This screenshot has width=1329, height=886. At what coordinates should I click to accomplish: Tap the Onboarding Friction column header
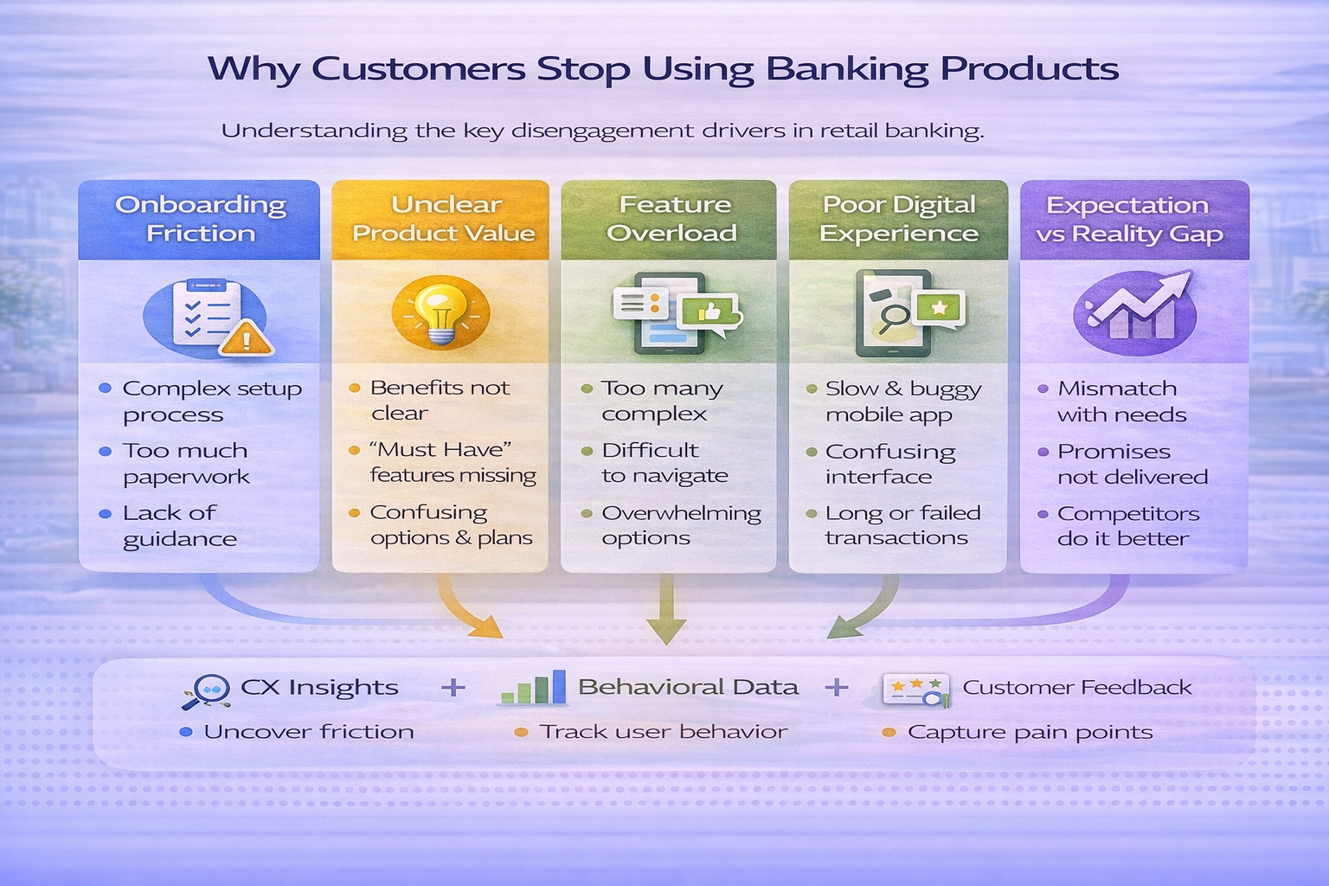[x=200, y=219]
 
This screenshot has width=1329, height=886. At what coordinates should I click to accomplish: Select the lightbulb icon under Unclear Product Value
[x=440, y=312]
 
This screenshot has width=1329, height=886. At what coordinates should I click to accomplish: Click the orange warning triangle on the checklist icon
[x=246, y=337]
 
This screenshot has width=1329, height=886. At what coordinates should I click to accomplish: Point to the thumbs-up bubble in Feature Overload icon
[x=710, y=311]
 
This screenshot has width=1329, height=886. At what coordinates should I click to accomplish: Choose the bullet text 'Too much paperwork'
[x=186, y=463]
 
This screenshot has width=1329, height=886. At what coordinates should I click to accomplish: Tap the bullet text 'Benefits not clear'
[x=440, y=400]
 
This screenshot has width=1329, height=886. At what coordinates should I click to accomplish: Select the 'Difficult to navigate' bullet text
[x=664, y=463]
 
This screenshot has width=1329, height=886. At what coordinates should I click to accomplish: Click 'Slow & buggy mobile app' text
[x=902, y=401]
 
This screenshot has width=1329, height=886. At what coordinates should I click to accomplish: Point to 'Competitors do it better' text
[x=1127, y=525]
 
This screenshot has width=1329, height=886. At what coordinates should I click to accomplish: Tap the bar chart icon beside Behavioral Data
[x=535, y=688]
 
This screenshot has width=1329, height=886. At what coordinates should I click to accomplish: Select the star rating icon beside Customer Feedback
[x=915, y=690]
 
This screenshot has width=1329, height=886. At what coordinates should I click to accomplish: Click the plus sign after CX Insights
[x=453, y=688]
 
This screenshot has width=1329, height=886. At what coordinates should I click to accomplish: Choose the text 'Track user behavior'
[x=663, y=732]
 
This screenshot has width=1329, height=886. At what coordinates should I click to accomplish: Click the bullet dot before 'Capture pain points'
[x=889, y=733]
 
